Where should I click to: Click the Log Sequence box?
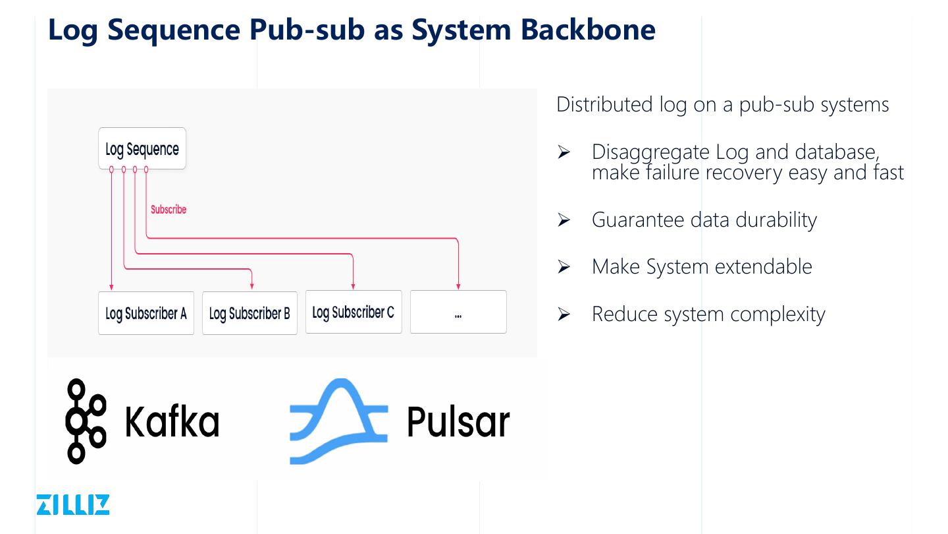point(142,149)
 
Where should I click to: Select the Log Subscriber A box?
point(146,313)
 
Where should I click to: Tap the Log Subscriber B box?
point(250,313)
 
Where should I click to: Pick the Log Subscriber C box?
point(354,312)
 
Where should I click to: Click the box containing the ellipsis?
point(458,312)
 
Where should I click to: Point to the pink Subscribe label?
point(169,210)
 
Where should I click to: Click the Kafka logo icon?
point(86,421)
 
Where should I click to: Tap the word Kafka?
point(172,422)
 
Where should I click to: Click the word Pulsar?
point(458,422)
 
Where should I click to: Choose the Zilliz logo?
point(73,504)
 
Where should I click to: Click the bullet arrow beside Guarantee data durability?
point(564,220)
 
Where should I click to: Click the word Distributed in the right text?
point(604,104)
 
